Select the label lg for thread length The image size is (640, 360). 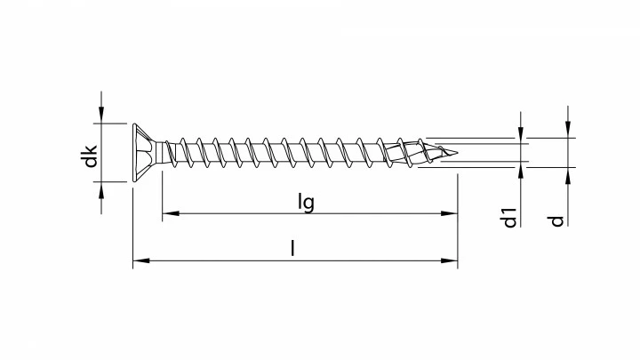(x=306, y=202)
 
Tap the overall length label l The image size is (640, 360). (x=292, y=250)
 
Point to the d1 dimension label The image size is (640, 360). (x=509, y=216)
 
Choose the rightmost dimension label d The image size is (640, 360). (x=556, y=218)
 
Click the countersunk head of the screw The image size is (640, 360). (x=144, y=152)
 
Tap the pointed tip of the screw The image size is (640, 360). (x=459, y=152)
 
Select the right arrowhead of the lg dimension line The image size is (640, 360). (x=451, y=213)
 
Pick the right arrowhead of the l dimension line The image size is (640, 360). (x=451, y=261)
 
